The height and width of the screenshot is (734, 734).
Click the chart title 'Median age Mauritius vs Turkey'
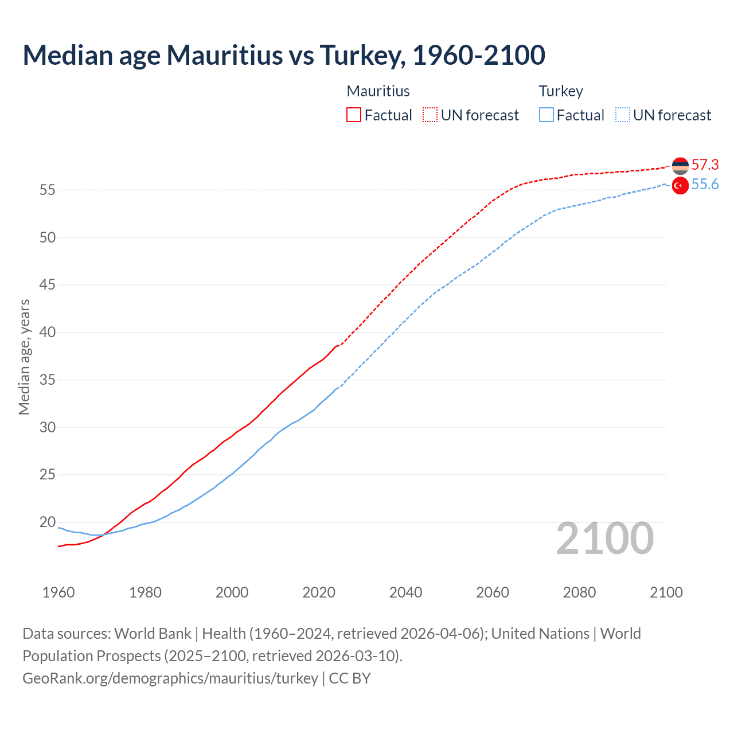284,56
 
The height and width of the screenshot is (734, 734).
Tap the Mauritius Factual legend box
354,115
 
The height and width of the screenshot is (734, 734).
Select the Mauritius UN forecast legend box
430,115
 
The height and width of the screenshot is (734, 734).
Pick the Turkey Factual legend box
546,115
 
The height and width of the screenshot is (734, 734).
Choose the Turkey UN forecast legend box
622,115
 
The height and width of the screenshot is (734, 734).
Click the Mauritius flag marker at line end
680,166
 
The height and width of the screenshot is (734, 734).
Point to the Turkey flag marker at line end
680,186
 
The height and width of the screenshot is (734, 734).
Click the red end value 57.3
705,165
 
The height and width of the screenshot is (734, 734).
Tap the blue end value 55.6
705,185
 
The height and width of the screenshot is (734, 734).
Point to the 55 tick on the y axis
48,190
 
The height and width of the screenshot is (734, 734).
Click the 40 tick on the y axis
48,333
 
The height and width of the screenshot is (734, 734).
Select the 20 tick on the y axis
48,522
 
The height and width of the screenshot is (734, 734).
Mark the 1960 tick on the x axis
58,592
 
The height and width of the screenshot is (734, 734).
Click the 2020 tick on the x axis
319,592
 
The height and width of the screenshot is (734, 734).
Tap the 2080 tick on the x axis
579,592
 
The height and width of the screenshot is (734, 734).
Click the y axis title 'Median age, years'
24,357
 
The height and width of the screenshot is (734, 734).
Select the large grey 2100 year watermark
604,538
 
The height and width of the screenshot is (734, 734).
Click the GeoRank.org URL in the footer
170,678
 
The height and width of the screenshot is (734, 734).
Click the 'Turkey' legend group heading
561,91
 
